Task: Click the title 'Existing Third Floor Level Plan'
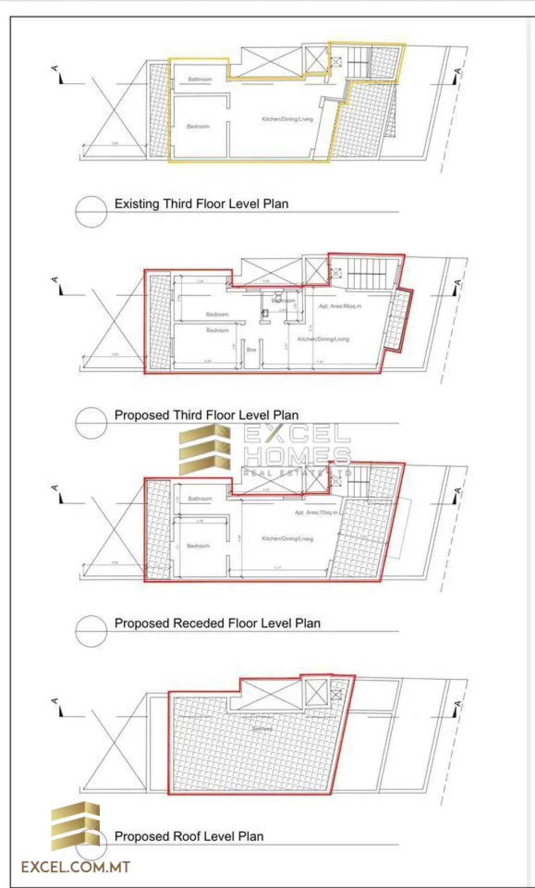201,204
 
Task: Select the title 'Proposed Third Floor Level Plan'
206,415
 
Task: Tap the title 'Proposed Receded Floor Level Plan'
217,623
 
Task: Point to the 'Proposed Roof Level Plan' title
189,836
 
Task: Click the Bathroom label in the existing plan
200,79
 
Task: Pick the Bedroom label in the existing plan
198,127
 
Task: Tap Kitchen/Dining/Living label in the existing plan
287,119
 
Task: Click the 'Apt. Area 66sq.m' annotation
340,306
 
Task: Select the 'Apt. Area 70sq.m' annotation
316,513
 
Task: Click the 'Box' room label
251,349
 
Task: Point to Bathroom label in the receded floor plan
200,499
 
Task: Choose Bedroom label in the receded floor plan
198,546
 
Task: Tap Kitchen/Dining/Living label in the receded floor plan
287,539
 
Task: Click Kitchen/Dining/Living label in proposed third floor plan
323,339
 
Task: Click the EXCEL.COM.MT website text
75,868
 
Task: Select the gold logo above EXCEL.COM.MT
76,825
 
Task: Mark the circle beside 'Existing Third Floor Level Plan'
91,212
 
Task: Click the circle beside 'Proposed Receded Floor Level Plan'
91,631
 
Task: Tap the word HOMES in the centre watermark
297,456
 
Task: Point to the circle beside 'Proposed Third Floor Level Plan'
91,423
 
